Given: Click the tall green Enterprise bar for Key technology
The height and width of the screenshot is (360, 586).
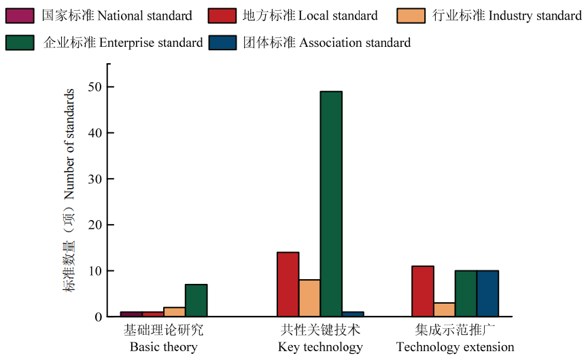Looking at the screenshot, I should (x=331, y=204).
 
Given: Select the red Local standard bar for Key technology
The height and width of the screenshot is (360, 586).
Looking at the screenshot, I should (x=288, y=284).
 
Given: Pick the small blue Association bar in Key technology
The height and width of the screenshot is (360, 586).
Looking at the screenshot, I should (x=353, y=314).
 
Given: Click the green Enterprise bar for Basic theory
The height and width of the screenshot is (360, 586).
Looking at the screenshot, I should (x=196, y=300).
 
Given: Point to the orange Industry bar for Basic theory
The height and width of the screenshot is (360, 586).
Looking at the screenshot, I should (x=174, y=312).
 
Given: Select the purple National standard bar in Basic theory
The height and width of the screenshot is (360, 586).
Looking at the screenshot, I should (x=131, y=314).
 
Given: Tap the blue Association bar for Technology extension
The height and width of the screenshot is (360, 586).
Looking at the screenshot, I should (x=487, y=293).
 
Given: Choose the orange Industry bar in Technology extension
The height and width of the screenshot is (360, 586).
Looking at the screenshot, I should (x=445, y=309).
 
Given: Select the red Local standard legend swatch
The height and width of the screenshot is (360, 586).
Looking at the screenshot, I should (x=222, y=15).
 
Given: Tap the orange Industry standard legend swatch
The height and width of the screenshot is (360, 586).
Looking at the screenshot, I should (x=412, y=15).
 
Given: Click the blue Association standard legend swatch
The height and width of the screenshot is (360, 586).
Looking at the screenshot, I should (x=222, y=42).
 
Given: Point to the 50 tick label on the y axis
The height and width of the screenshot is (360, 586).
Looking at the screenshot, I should (x=94, y=87).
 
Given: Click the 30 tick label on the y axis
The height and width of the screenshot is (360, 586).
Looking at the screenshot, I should (x=94, y=179).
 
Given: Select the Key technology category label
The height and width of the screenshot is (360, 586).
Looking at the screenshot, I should (x=320, y=339).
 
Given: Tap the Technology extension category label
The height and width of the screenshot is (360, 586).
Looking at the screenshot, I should (x=455, y=339).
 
